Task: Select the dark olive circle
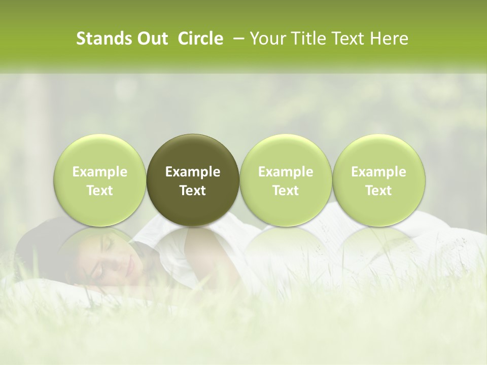point(193,180)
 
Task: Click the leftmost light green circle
point(100,180)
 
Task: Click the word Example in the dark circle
point(193,172)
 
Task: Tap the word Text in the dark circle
point(193,191)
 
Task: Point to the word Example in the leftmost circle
point(100,172)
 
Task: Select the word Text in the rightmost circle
point(378,191)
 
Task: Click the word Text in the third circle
point(286,191)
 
